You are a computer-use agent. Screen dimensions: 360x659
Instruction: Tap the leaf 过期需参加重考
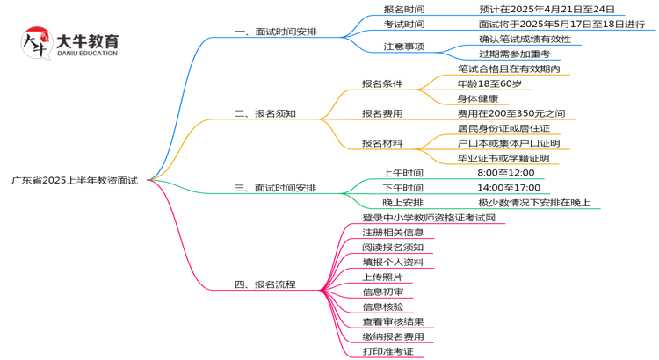[514, 54]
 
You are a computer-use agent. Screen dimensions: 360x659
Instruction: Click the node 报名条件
[382, 83]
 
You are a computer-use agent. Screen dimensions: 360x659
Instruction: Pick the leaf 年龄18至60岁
[489, 83]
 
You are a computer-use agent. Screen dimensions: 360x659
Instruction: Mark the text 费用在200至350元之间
[511, 113]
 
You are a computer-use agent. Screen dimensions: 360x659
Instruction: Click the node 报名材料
[382, 143]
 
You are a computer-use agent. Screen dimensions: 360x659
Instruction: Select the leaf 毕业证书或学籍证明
[503, 158]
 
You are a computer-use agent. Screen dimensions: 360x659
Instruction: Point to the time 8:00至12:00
[505, 173]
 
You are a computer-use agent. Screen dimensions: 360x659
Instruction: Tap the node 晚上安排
[403, 203]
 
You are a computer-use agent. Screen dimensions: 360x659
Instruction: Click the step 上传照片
[382, 277]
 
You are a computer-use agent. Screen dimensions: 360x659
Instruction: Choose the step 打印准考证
[387, 351]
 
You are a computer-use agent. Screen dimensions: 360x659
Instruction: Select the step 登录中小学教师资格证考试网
[430, 217]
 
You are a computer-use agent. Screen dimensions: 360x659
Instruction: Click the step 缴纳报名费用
[393, 336]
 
